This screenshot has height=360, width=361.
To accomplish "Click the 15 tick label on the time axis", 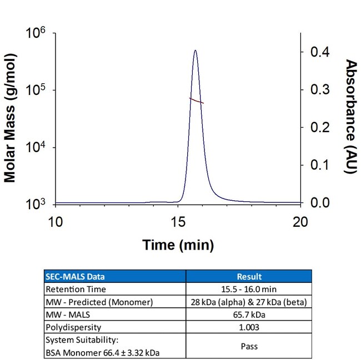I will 178,222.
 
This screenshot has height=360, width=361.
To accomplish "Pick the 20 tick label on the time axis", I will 300,222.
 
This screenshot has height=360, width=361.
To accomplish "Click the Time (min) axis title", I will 178,245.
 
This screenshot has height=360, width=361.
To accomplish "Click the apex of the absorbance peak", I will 195,50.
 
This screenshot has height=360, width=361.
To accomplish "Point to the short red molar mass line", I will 197,100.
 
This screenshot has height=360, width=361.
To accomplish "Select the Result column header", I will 249,276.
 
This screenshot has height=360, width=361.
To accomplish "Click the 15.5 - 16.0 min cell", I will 249,288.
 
